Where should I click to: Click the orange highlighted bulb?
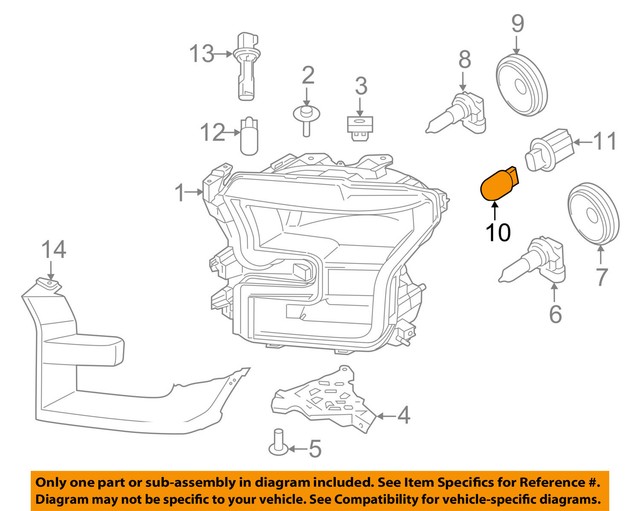499,184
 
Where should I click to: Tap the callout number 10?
498,233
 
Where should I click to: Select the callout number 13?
202,53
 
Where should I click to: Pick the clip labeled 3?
359,126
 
